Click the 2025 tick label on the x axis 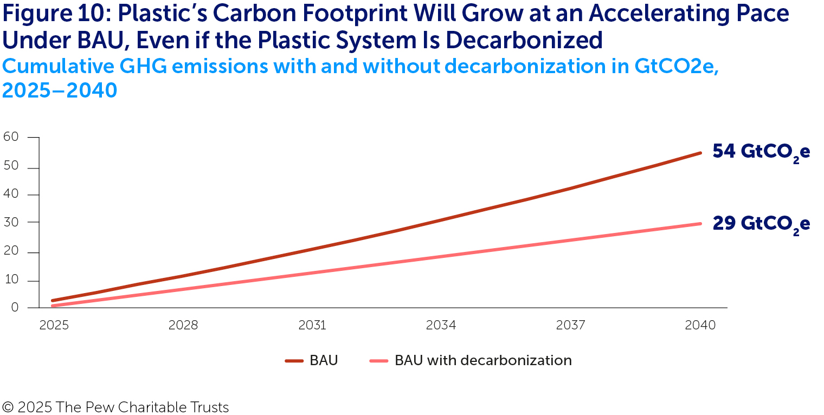[x=54, y=325]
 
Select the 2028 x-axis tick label [x=183, y=325]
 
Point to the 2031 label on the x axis [x=312, y=325]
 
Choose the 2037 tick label [x=571, y=325]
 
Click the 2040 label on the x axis [x=700, y=325]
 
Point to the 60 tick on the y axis [x=11, y=137]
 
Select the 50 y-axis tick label [x=11, y=167]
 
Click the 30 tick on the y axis [x=11, y=222]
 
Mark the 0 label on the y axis [x=15, y=307]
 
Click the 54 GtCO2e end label [x=761, y=152]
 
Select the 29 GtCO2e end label [x=761, y=224]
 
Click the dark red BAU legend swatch [x=294, y=361]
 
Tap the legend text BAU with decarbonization [x=483, y=361]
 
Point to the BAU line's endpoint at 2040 [x=700, y=153]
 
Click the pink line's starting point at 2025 [x=53, y=306]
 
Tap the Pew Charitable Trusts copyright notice [x=115, y=407]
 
